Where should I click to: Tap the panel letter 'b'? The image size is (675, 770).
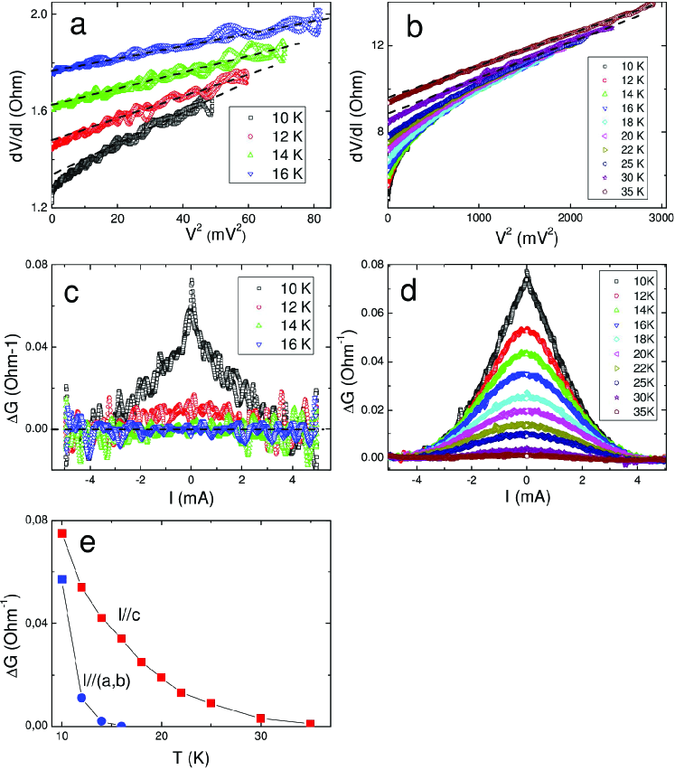point(416,28)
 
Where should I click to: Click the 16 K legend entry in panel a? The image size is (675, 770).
point(281,172)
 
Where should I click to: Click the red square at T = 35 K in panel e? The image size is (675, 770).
point(311,723)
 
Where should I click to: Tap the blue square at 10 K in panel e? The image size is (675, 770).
point(62,578)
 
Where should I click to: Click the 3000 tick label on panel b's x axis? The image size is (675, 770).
point(659,222)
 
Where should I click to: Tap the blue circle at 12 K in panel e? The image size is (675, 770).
point(82,698)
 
